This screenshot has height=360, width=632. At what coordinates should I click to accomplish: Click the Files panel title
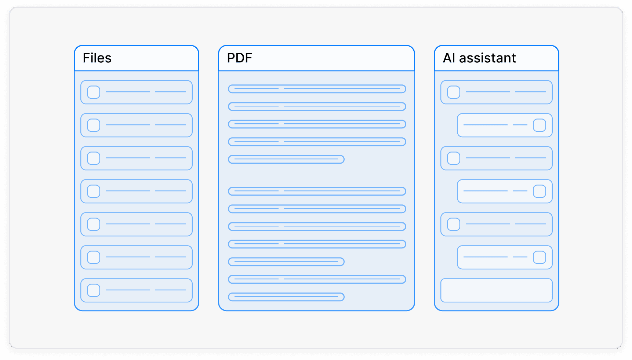coord(97,58)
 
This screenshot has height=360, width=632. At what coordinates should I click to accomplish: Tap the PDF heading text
coord(239,58)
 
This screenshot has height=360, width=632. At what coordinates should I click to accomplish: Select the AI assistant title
coord(479,58)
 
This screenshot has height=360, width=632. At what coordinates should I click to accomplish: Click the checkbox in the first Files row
coord(94,92)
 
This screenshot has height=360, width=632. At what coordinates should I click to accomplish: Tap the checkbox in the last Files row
coord(94,290)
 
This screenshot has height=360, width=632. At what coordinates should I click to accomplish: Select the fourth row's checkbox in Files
coord(94,191)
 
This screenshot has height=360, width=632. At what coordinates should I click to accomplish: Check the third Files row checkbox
coord(94,158)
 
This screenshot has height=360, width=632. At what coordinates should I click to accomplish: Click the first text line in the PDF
coord(317,89)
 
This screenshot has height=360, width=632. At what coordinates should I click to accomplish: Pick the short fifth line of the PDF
coord(286,159)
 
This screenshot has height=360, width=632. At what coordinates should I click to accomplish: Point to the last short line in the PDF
coord(286,297)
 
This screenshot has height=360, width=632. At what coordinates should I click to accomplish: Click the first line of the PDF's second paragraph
coord(317,191)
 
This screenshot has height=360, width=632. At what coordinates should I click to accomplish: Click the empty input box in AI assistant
coord(496,290)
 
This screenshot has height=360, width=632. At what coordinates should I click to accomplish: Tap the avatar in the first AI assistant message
coord(454,92)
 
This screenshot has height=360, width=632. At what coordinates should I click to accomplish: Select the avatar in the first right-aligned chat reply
coord(539,125)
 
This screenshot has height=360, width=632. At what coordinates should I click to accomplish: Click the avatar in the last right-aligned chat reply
coord(539,257)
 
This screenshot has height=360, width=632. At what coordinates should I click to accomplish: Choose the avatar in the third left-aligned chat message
coord(454,224)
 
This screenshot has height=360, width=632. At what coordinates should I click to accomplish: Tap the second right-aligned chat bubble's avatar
coord(539,191)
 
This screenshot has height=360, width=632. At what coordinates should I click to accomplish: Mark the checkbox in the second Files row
coord(94,125)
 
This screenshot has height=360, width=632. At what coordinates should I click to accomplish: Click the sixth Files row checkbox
coord(94,257)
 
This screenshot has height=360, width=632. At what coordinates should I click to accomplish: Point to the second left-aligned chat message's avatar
coord(454,158)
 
